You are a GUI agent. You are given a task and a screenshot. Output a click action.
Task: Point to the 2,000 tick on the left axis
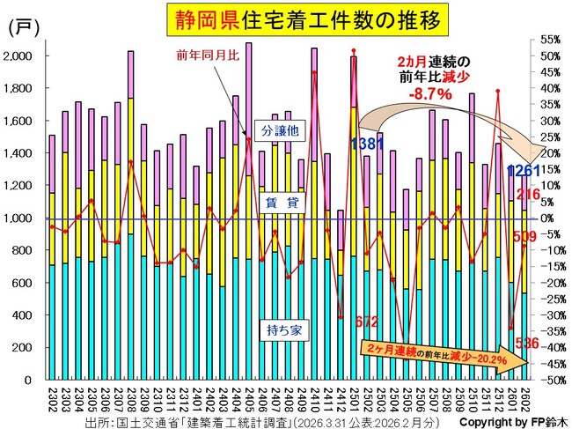[x=18, y=55]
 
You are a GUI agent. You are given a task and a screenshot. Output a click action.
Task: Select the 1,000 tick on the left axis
[x=18, y=218]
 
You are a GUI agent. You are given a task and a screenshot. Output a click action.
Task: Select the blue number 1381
[x=366, y=143]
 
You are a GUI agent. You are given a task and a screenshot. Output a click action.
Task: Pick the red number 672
[x=365, y=323]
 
